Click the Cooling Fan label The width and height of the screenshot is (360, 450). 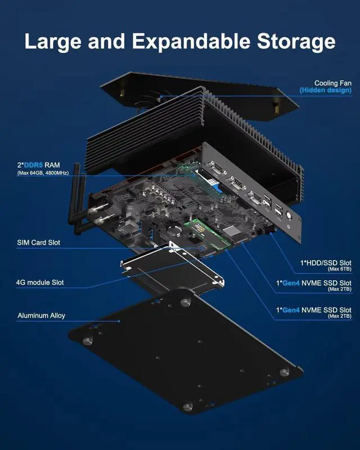[333, 83]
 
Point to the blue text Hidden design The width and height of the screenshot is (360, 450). [325, 91]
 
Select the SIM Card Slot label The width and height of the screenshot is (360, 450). [38, 243]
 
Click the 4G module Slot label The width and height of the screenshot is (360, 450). [40, 282]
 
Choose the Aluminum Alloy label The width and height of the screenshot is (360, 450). [41, 316]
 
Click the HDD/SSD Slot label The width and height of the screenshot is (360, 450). [326, 263]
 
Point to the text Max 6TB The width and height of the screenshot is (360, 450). [340, 270]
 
